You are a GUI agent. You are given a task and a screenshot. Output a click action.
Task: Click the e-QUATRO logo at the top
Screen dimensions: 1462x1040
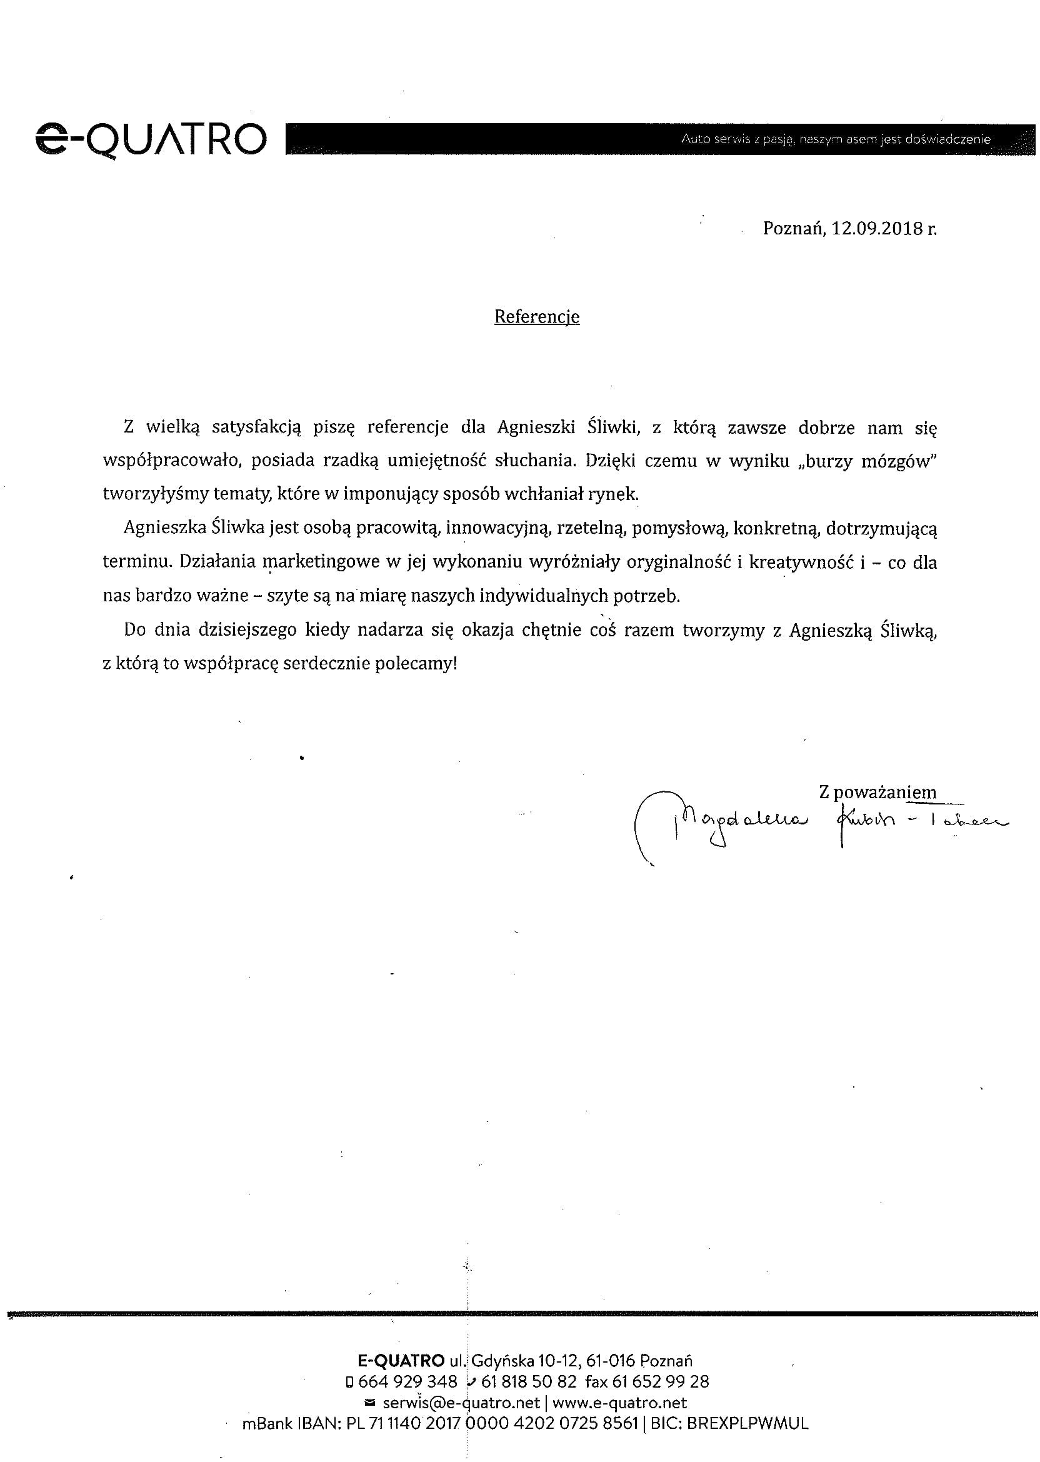(151, 140)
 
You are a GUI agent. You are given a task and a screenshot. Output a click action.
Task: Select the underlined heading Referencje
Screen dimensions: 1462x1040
(537, 317)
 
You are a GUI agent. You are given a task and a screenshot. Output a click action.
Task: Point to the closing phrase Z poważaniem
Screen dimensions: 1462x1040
(877, 792)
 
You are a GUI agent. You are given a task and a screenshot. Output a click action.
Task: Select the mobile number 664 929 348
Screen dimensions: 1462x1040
(407, 1381)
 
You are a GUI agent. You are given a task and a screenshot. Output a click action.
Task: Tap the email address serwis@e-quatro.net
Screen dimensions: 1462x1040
(461, 1403)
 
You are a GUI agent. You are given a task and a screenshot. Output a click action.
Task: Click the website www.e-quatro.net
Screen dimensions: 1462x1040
(619, 1403)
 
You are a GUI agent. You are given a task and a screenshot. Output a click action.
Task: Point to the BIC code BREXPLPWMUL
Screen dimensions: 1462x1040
(747, 1423)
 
